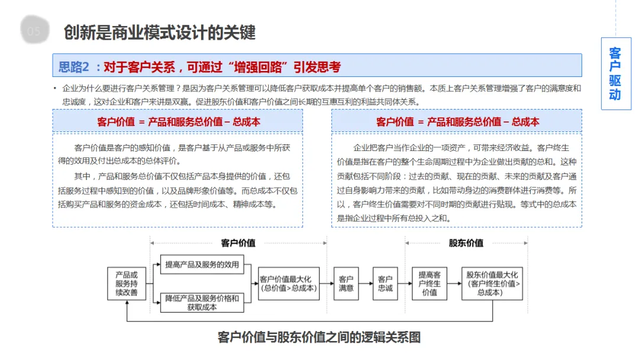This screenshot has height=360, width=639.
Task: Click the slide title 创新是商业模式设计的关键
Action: pyautogui.click(x=160, y=32)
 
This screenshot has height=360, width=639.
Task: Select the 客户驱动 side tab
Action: pyautogui.click(x=615, y=73)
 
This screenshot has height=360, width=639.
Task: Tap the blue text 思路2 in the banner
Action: pyautogui.click(x=73, y=66)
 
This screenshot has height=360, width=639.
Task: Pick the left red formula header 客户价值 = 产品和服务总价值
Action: pyautogui.click(x=178, y=121)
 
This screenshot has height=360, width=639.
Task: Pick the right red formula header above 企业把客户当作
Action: pyautogui.click(x=457, y=121)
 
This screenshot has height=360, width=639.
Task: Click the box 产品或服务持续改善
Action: pyautogui.click(x=126, y=284)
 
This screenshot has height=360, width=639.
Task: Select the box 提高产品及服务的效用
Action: pyautogui.click(x=202, y=265)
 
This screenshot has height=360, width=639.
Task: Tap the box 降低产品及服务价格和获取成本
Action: pyautogui.click(x=202, y=303)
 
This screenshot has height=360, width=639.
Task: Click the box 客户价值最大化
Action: pyautogui.click(x=289, y=284)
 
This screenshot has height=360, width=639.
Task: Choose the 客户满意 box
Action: pyautogui.click(x=346, y=284)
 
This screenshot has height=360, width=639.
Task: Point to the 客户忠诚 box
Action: pyautogui.click(x=385, y=284)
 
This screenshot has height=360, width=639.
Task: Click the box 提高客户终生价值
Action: pyautogui.click(x=430, y=284)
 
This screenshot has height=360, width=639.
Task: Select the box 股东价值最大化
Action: pyautogui.click(x=492, y=284)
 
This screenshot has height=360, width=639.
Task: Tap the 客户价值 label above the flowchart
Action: pyautogui.click(x=238, y=243)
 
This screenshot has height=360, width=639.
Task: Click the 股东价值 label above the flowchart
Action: pyautogui.click(x=466, y=243)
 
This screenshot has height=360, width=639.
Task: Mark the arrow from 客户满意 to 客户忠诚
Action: pyautogui.click(x=365, y=284)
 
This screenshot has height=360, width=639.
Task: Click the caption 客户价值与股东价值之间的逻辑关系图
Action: pyautogui.click(x=319, y=337)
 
